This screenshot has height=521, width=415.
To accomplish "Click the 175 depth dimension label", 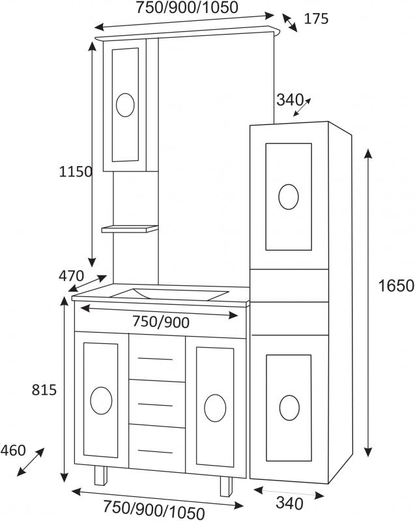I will click(316, 19).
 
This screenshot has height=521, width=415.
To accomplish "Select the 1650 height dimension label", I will click(396, 285).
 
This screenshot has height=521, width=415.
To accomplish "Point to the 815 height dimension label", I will click(44, 390).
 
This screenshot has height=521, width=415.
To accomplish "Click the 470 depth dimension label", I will click(72, 275).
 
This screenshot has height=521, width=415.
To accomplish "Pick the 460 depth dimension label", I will click(13, 450).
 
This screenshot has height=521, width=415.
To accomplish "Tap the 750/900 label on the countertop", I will click(160, 322).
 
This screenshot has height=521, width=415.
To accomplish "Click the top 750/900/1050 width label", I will click(187, 8).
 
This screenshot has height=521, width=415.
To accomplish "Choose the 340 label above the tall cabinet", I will click(290, 100).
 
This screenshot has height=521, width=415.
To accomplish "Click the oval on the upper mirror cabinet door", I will click(125, 104).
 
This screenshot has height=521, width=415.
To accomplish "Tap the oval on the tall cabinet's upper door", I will click(288, 197).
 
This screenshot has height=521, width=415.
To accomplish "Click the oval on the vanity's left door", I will click(101, 401).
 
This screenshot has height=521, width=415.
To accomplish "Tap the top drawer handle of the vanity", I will click(156, 358).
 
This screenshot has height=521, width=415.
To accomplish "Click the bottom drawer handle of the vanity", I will click(156, 451).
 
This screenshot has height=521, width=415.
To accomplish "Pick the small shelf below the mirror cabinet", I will click(130, 229).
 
